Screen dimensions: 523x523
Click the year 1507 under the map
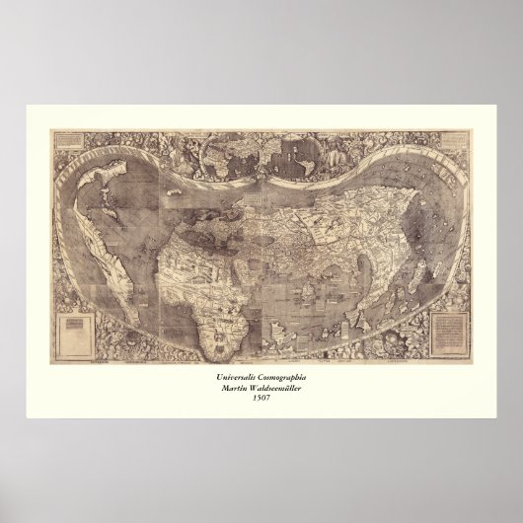[x=261, y=399]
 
